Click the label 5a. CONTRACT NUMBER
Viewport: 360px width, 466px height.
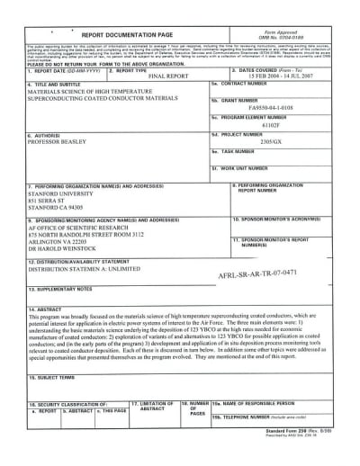click(x=244, y=105)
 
